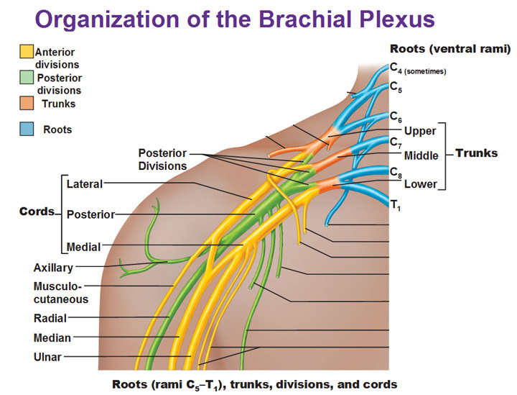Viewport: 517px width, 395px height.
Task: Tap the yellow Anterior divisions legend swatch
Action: [x=27, y=52]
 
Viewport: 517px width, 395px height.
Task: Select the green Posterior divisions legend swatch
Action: [x=27, y=77]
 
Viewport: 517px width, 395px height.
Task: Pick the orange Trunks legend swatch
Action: [x=27, y=103]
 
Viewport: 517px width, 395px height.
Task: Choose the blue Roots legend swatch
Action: [x=27, y=129]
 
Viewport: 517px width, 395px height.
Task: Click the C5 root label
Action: [x=396, y=87]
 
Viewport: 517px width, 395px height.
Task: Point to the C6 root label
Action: [x=396, y=117]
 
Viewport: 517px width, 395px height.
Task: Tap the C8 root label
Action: [x=396, y=173]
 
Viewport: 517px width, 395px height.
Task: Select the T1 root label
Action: [x=395, y=206]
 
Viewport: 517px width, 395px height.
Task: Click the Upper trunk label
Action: [x=420, y=131]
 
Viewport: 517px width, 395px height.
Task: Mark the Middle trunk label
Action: [x=421, y=155]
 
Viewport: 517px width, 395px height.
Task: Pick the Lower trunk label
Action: [x=421, y=184]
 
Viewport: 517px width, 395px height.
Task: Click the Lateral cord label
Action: [x=85, y=184]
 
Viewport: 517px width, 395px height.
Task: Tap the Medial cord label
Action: [x=83, y=247]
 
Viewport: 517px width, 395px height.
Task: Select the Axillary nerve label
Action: [x=53, y=268]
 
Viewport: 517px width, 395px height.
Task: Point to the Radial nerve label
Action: [x=50, y=319]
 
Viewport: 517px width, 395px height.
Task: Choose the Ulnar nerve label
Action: [x=47, y=357]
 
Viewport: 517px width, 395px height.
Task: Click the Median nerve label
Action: [x=52, y=338]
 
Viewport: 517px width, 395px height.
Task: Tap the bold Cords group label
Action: [x=37, y=212]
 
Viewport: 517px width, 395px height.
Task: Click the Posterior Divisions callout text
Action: [x=162, y=160]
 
